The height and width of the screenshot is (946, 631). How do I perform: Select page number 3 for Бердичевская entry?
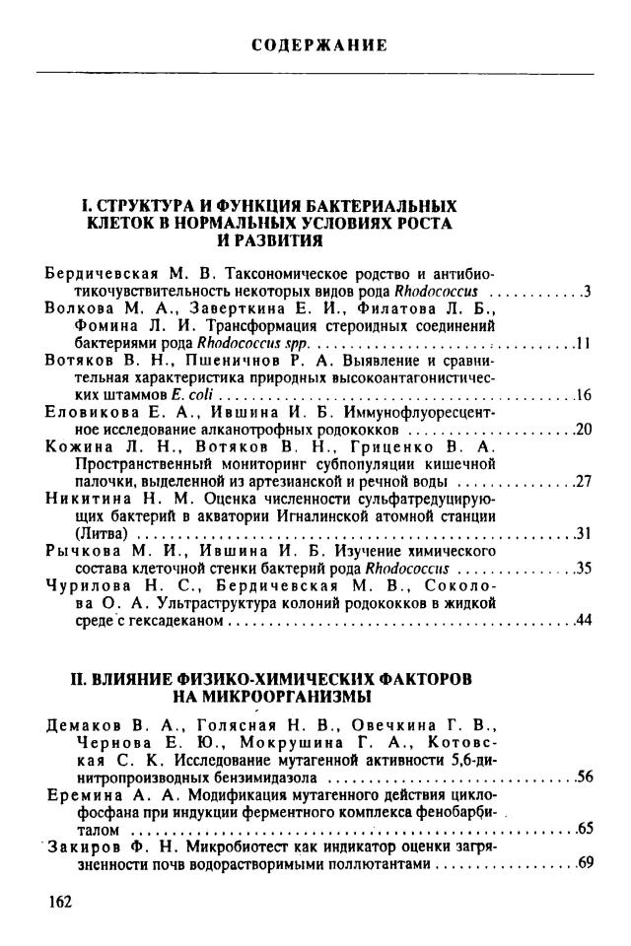[x=587, y=292]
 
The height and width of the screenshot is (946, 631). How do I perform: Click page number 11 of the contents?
[x=583, y=344]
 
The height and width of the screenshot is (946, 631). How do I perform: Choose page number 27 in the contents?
[x=583, y=481]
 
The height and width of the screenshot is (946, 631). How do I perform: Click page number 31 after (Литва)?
[x=583, y=533]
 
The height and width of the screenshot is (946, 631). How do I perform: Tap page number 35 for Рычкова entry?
[x=583, y=569]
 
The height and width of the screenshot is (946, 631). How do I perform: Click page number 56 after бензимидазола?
[x=583, y=777]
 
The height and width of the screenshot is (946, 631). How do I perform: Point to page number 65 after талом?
[x=584, y=828]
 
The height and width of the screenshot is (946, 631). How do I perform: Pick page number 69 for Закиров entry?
[x=584, y=863]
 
